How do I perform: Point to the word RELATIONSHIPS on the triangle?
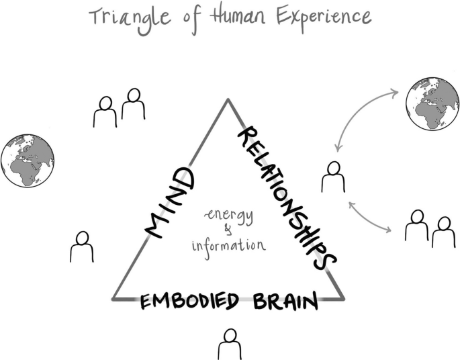(285, 197)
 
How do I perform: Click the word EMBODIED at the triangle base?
(189, 302)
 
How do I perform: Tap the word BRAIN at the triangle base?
(285, 302)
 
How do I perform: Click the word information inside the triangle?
(228, 245)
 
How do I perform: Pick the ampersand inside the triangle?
(226, 230)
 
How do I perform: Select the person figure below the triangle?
(229, 344)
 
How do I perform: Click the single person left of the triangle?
(81, 246)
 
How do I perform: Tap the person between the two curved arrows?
(332, 177)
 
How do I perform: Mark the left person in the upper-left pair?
(105, 111)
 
